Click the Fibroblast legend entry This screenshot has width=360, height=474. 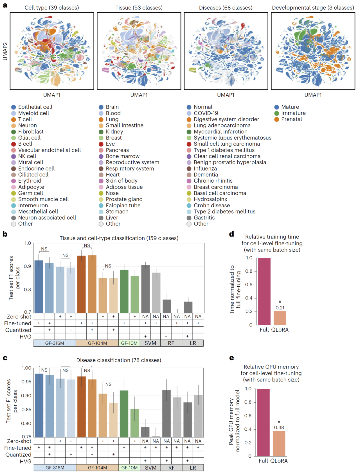point(31,132)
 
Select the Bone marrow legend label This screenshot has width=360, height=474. point(122,156)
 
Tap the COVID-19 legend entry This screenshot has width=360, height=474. point(206,113)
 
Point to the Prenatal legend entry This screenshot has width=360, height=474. point(291,119)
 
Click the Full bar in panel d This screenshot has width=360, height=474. point(264,291)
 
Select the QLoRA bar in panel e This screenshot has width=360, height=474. point(279,443)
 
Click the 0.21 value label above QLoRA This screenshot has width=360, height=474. point(280,308)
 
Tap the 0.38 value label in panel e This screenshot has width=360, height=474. point(279,427)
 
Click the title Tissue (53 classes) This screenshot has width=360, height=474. point(139,8)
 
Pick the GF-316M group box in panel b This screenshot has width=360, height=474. point(55,343)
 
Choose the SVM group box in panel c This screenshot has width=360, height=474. point(150,468)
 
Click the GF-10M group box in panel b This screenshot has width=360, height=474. point(129,343)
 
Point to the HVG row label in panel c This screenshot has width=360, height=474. point(25,461)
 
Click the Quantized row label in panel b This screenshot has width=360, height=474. point(18,330)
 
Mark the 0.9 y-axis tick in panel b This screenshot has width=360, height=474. point(27,266)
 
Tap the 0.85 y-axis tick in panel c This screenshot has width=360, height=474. point(26,409)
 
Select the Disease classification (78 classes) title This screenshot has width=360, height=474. point(119,360)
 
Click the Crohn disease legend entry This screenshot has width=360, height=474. point(212,205)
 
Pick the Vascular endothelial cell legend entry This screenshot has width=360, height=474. point(49,150)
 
